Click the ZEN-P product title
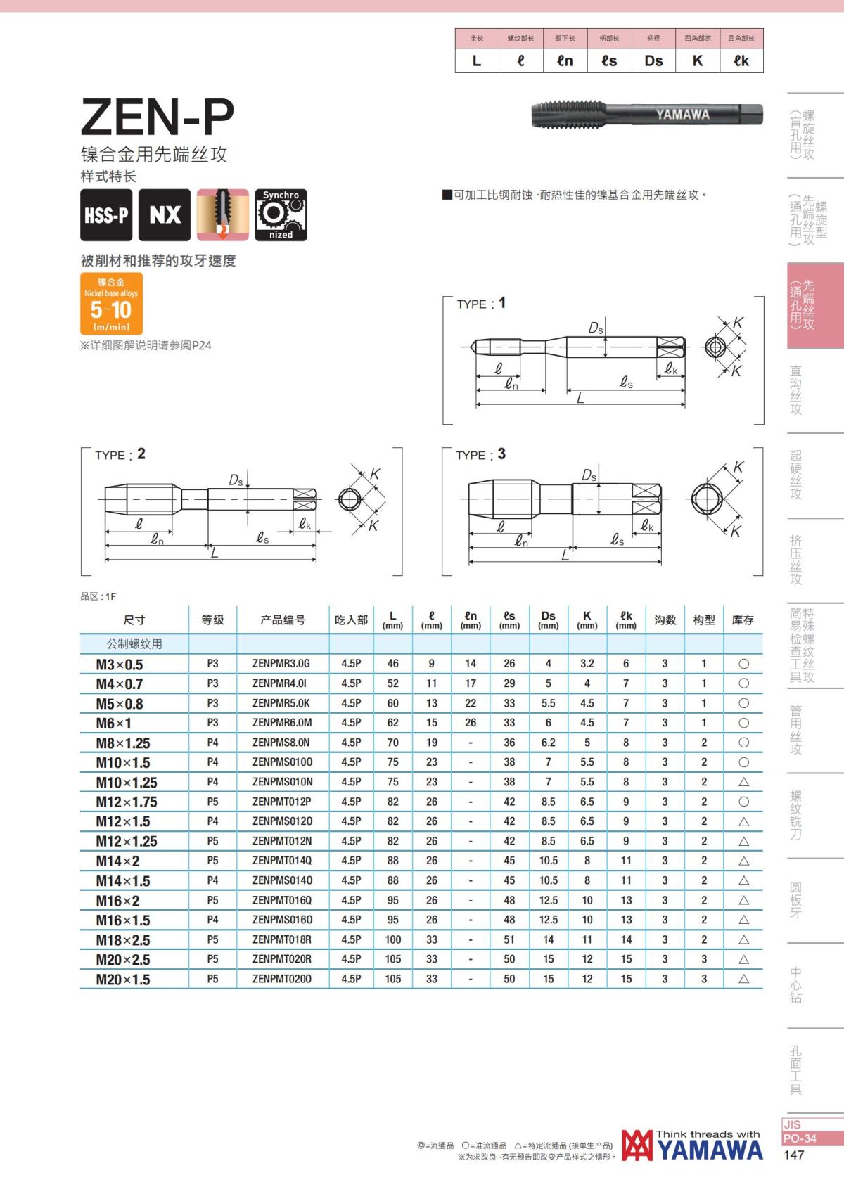pos(158,116)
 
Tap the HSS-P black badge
pos(106,215)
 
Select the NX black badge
pos(165,215)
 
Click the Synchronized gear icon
pos(281,215)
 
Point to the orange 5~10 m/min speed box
pos(111,304)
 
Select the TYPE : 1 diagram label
pos(481,303)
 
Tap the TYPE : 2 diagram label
pos(120,454)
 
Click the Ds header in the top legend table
pos(653,61)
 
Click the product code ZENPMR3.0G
pos(281,663)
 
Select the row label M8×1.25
pos(123,743)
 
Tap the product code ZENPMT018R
pos(281,939)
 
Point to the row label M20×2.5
pos(123,960)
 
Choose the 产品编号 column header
pos(283,620)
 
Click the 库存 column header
pos(743,620)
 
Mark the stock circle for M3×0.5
pos(743,664)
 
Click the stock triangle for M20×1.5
pos(743,979)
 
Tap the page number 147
pos(793,1155)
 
